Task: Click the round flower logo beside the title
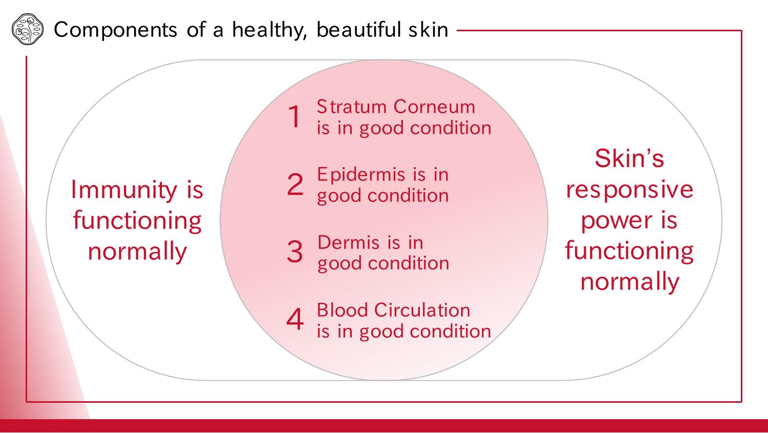click(28, 29)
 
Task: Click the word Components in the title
click(116, 30)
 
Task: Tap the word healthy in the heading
click(269, 30)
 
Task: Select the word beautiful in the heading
click(358, 30)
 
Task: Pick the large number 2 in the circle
click(295, 184)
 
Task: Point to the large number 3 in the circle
click(295, 252)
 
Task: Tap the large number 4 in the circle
click(295, 319)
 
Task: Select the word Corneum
click(434, 107)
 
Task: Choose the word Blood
click(343, 310)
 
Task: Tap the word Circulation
click(422, 310)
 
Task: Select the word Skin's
click(629, 158)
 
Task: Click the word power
click(616, 221)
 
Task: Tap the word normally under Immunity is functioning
click(137, 252)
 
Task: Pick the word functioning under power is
click(629, 252)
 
